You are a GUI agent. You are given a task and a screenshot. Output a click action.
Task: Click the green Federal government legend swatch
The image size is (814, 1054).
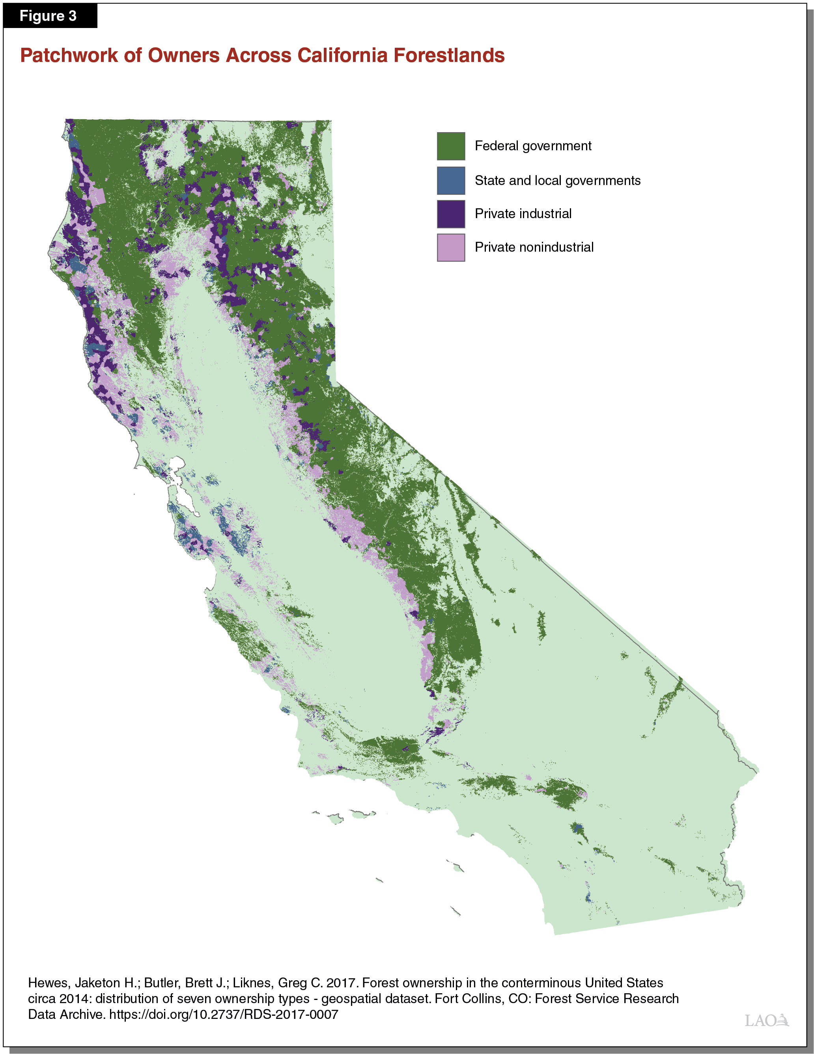pos(451,146)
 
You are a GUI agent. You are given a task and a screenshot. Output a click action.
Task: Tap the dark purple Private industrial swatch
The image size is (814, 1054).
pos(451,214)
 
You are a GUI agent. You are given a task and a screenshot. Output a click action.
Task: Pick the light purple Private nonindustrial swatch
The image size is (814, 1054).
pos(451,248)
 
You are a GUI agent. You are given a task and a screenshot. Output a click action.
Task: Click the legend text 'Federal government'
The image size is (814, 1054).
pos(533,146)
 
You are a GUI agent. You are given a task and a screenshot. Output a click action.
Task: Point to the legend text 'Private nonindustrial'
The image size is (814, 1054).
pos(534,247)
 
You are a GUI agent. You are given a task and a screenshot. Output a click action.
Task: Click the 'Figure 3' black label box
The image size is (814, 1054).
pos(48,16)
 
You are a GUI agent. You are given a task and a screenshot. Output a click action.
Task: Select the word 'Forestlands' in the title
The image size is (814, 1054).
pos(449,56)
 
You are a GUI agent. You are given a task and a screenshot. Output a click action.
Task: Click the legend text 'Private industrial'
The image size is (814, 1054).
pos(523,213)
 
